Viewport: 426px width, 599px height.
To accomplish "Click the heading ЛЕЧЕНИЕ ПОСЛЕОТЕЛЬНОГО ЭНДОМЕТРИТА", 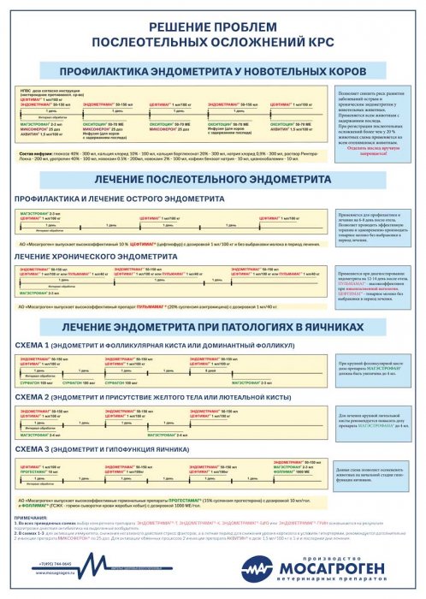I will coord(213,182).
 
